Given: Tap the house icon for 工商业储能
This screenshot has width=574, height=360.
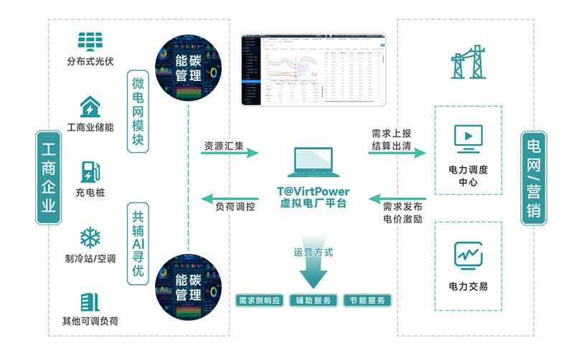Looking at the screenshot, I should click(x=90, y=107).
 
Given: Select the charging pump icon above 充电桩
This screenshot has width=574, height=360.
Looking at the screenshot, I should click(x=89, y=172).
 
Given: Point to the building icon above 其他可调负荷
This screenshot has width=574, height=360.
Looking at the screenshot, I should click(x=90, y=301).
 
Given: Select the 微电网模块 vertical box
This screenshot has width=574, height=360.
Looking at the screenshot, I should click(x=139, y=110).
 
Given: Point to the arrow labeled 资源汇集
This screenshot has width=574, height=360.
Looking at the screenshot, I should click(x=229, y=153).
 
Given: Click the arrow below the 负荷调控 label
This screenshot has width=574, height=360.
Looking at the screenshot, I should click(x=229, y=196).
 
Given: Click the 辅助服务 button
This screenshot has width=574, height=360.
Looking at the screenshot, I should click(x=314, y=300).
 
